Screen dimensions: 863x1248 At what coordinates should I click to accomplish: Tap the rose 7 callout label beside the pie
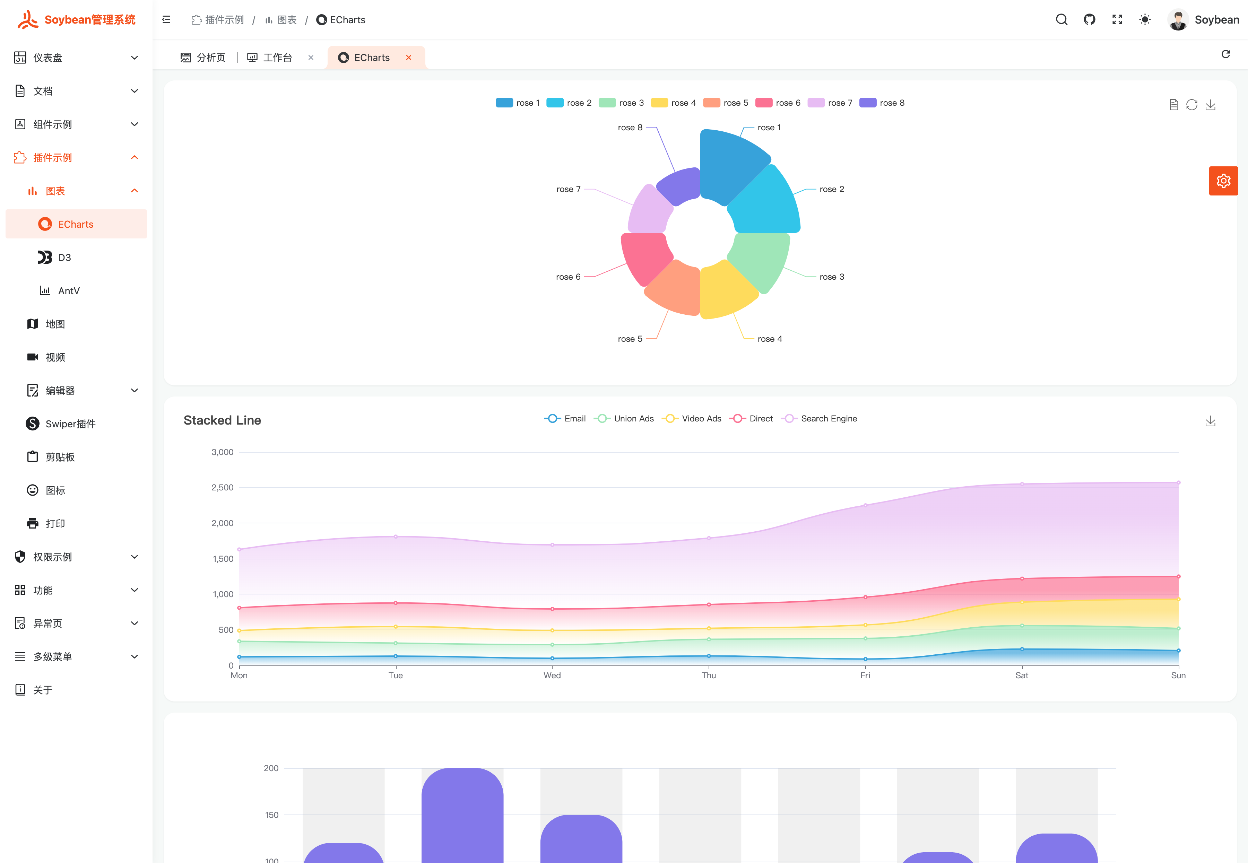(x=568, y=189)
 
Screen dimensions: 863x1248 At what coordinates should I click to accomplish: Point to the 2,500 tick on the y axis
(x=222, y=488)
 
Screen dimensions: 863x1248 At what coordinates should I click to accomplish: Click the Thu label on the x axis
(x=708, y=675)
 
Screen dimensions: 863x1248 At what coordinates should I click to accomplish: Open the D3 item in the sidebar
(x=64, y=258)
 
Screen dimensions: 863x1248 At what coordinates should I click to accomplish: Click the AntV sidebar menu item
(x=69, y=291)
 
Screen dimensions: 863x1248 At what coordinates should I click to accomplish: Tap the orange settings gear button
(x=1223, y=181)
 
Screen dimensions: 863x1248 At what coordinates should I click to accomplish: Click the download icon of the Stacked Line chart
(x=1210, y=421)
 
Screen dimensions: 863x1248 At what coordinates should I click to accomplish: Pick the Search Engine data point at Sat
(x=1021, y=484)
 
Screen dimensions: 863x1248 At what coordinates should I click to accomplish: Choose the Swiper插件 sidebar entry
(x=70, y=424)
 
